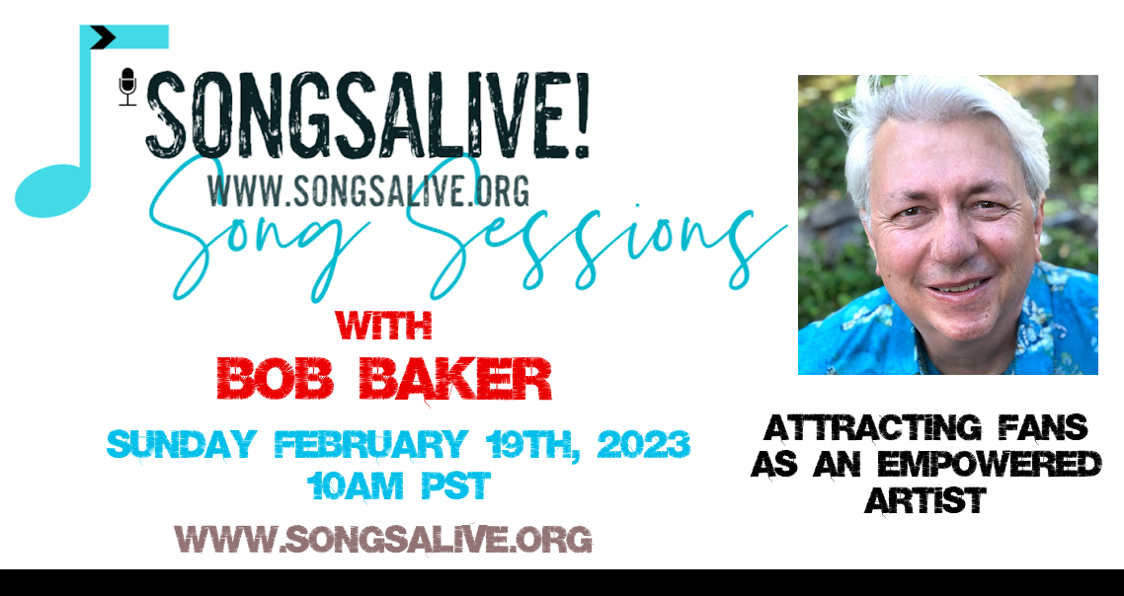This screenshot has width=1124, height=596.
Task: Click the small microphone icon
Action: coord(127,87)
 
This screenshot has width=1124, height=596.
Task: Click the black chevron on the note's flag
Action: coord(104,37)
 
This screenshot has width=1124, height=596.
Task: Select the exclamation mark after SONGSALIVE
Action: coord(581,114)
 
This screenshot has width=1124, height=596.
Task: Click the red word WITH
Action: coord(383,326)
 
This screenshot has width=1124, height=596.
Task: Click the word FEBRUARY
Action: coord(371,444)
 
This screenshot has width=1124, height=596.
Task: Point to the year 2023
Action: coord(643,444)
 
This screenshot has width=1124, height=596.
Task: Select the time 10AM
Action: coord(355,486)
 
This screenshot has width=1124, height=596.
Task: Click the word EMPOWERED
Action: coord(990,464)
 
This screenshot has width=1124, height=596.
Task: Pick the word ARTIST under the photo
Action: coord(925,500)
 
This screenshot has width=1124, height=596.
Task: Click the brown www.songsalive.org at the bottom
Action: coord(383,540)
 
